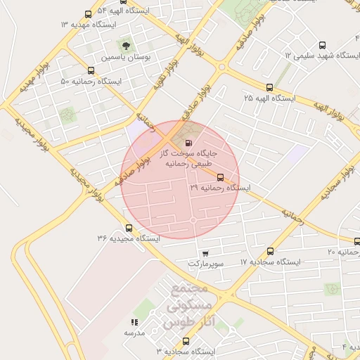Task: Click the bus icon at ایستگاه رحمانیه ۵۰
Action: pyautogui.click(x=91, y=70)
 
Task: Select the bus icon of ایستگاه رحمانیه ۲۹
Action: pyautogui.click(x=221, y=177)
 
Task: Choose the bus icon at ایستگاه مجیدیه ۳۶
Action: pyautogui.click(x=129, y=227)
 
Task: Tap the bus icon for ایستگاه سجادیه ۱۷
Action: pyautogui.click(x=271, y=251)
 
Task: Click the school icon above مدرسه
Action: pyautogui.click(x=134, y=322)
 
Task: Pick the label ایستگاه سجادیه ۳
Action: pyautogui.click(x=185, y=350)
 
